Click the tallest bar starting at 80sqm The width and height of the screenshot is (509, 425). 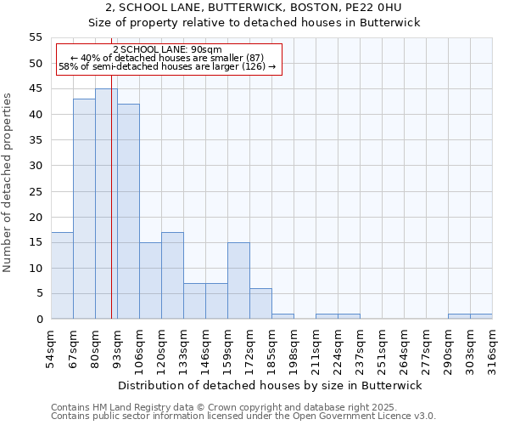[x=106, y=204]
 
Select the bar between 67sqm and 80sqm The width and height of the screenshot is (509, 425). [x=84, y=209]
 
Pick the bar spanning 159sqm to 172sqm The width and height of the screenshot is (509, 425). [x=238, y=280]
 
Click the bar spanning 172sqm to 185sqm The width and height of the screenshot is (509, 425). [x=260, y=303]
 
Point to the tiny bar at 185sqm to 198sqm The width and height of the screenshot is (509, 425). [x=282, y=316]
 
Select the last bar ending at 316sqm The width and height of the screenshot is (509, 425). [x=481, y=316]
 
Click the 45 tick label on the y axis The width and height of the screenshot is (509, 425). [x=36, y=89]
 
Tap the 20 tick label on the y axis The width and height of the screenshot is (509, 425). [x=36, y=217]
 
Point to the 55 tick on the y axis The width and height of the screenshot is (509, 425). [x=36, y=37]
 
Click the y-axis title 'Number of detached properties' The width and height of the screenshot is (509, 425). [x=8, y=182]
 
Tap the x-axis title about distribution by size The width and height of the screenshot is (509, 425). [x=271, y=385]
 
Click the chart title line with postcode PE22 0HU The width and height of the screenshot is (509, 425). [x=255, y=8]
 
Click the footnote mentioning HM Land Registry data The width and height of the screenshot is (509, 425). [x=224, y=408]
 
